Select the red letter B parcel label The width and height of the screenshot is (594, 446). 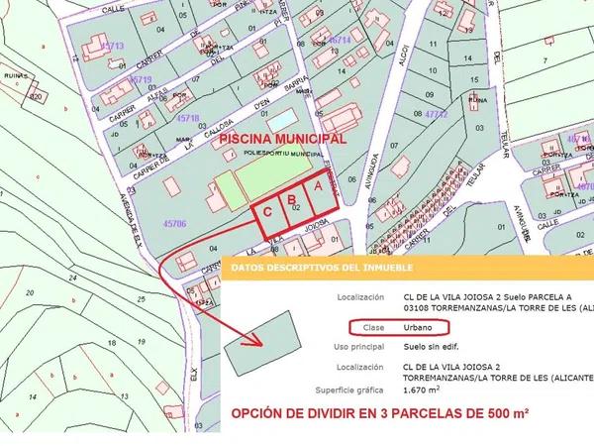[x=292, y=197]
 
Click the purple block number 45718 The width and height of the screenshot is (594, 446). [x=187, y=118]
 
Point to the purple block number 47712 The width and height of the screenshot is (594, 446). [x=437, y=115]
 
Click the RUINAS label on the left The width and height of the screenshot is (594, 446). [x=14, y=85]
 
